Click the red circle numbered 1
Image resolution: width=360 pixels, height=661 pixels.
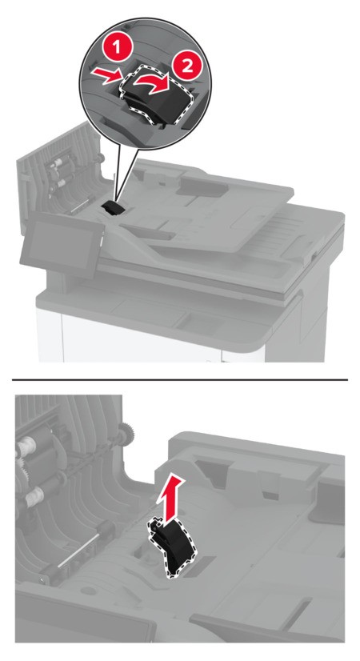click(117, 48)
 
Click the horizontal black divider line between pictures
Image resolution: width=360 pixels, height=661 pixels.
click(180, 380)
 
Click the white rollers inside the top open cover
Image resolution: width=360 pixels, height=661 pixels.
click(58, 176)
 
